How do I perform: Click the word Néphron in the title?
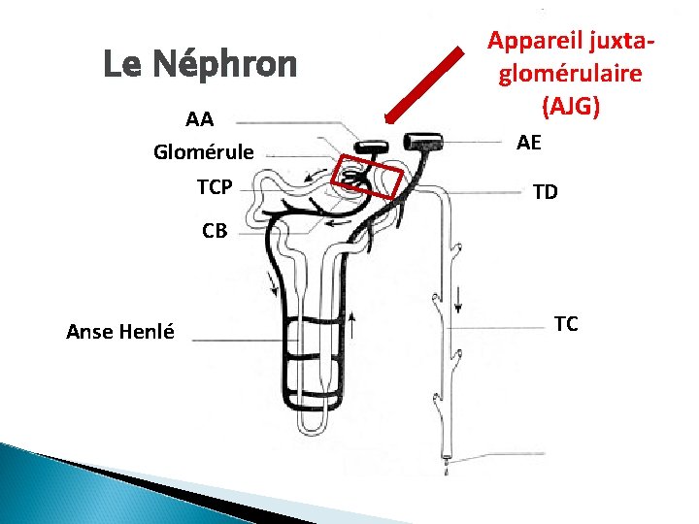225,65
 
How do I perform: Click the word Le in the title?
124,65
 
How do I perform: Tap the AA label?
199,120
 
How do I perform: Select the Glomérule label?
204,152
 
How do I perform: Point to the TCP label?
214,186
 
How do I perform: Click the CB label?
215,231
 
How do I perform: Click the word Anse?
88,332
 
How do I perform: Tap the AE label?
529,143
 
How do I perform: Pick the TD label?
546,192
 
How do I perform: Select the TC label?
566,323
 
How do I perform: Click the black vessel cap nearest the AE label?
424,140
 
